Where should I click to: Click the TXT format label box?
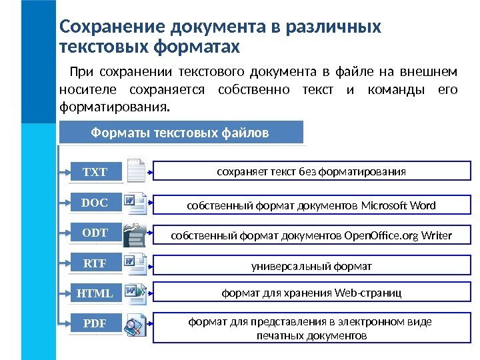pyautogui.click(x=94, y=173)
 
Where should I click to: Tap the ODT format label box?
pyautogui.click(x=94, y=233)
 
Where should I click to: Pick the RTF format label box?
pyautogui.click(x=94, y=264)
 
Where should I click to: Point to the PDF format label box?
pyautogui.click(x=94, y=325)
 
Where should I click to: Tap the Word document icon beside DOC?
pyautogui.click(x=137, y=201)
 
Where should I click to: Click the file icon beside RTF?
pyautogui.click(x=137, y=264)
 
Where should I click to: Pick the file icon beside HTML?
pyautogui.click(x=137, y=293)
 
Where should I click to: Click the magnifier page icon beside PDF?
pyautogui.click(x=137, y=325)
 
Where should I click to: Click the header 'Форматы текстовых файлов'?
pyautogui.click(x=180, y=133)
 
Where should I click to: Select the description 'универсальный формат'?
pyautogui.click(x=311, y=267)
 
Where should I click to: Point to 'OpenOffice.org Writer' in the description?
pyautogui.click(x=399, y=236)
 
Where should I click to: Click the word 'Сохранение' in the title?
pyautogui.click(x=113, y=27)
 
